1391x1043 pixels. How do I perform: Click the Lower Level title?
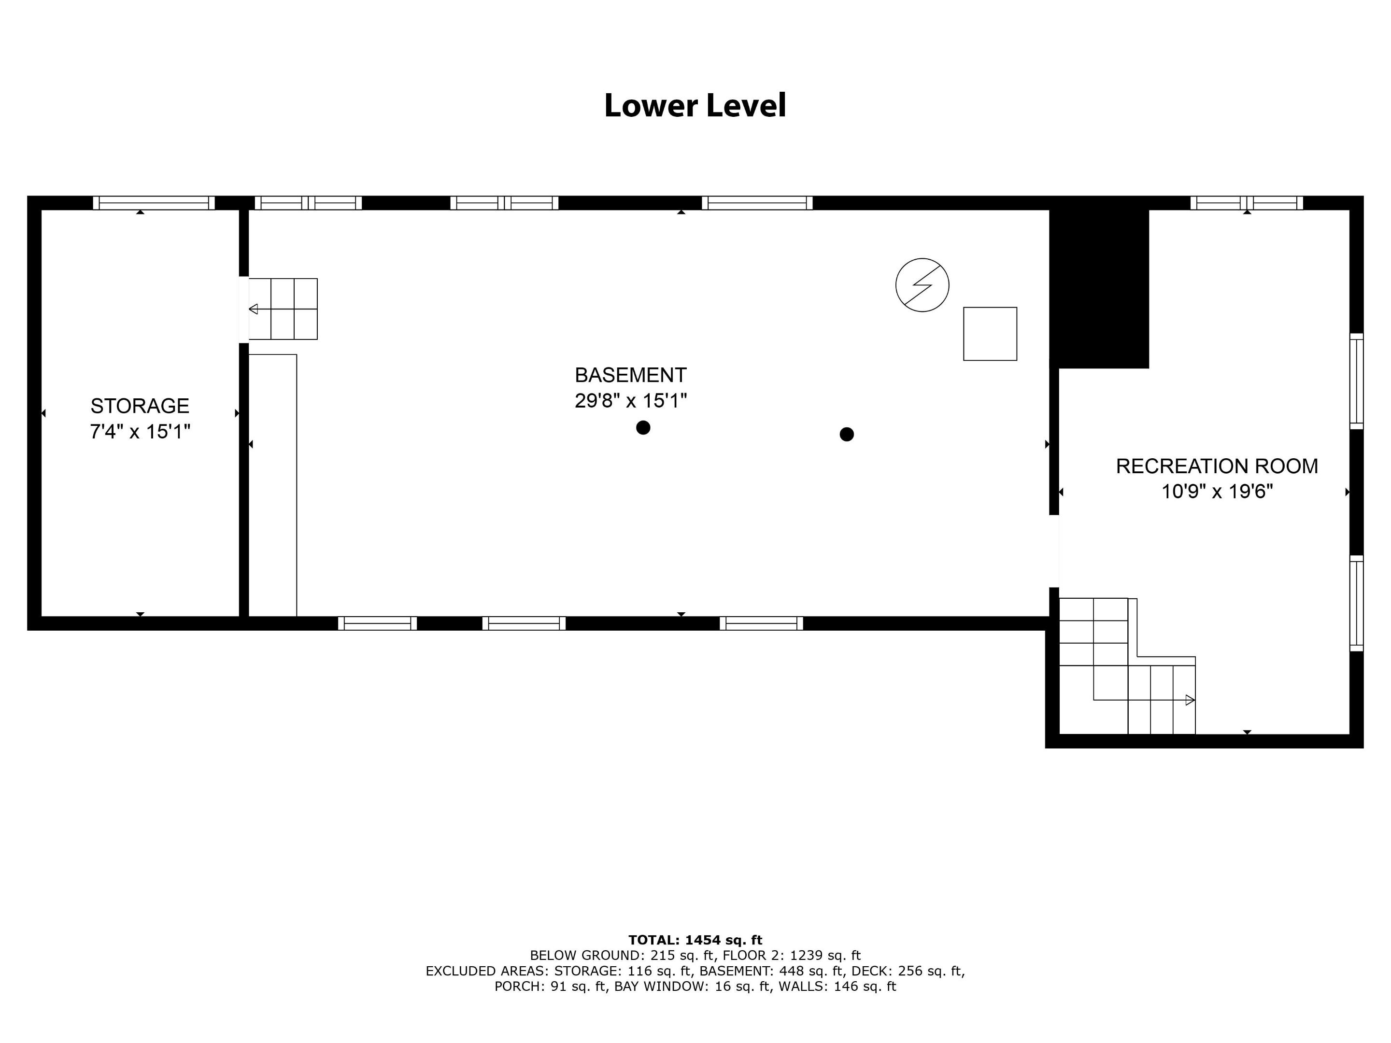tap(695, 106)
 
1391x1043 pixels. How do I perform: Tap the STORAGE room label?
tap(140, 406)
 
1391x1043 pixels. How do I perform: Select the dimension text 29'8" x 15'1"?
tap(631, 400)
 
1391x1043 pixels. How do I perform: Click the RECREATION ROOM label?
tap(1217, 466)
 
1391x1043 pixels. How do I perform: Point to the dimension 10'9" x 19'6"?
tap(1217, 491)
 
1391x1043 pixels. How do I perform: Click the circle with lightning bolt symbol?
tap(922, 285)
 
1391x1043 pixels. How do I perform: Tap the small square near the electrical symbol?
tap(990, 334)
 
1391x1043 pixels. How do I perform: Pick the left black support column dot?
tap(643, 427)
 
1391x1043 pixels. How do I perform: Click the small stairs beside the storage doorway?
tap(283, 309)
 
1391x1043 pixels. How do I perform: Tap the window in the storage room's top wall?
tap(154, 202)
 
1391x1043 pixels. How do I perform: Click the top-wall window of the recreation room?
tap(1247, 202)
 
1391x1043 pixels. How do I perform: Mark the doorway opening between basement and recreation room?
tap(1054, 551)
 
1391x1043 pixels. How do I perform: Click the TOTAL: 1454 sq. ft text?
tap(695, 940)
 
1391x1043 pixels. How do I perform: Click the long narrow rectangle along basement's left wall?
tap(272, 485)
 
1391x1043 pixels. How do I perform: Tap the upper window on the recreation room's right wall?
tap(1356, 381)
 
